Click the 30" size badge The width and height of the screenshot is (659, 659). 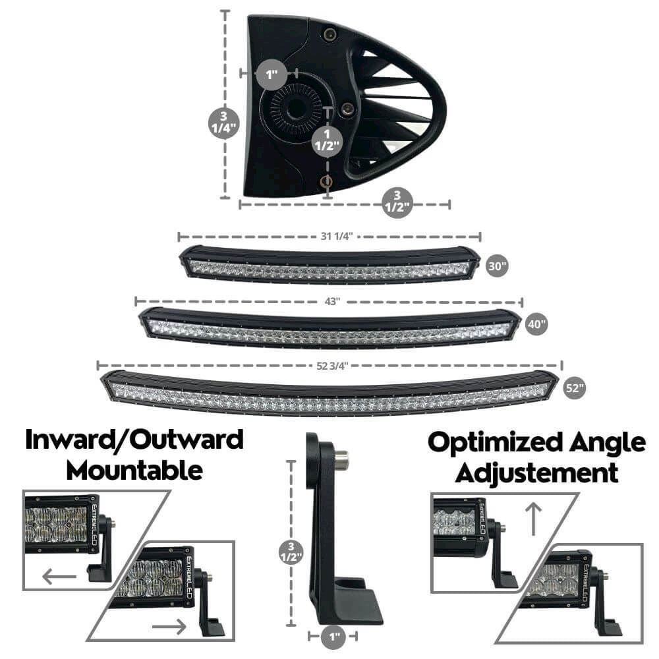click(498, 266)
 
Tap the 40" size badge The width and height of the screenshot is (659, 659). click(537, 324)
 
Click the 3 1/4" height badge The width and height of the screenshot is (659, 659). click(223, 121)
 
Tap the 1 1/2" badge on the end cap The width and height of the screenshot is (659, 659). click(328, 140)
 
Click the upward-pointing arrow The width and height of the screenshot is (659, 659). click(534, 519)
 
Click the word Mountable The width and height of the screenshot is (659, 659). click(134, 471)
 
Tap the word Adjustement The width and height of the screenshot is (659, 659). click(537, 473)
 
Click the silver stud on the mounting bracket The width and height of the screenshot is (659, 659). click(341, 459)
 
